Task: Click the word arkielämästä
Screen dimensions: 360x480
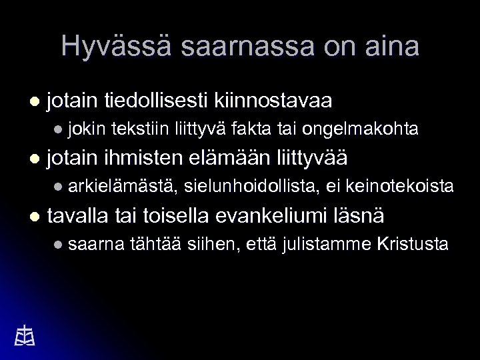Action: (121, 187)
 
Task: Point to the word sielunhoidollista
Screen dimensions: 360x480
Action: (250, 187)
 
